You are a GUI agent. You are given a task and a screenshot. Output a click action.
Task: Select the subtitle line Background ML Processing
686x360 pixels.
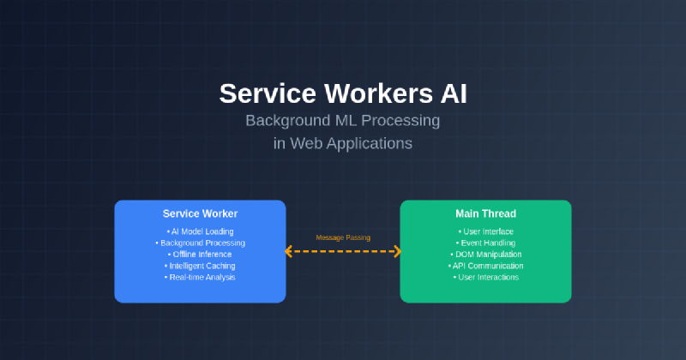coord(342,121)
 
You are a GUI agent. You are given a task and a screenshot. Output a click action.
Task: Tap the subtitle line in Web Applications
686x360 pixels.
coord(342,143)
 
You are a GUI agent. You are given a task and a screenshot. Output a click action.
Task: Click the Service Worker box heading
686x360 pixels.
coord(200,213)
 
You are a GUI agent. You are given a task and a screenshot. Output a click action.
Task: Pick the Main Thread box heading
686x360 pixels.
coord(485,213)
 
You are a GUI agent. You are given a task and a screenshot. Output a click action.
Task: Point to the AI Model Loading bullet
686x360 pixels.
coord(200,231)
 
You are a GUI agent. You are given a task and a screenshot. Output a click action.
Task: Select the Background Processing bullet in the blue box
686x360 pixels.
coord(200,243)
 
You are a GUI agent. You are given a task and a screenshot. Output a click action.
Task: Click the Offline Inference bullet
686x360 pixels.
coord(200,255)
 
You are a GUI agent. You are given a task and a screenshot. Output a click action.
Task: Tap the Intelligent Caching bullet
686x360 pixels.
coord(200,266)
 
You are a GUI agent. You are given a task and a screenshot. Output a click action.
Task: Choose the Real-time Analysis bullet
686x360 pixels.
coord(200,277)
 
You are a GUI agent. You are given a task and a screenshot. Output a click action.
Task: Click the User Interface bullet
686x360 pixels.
coord(485,231)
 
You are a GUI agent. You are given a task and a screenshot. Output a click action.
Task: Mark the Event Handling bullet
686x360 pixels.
coord(485,243)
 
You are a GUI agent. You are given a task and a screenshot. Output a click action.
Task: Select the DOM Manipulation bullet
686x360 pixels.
coord(485,255)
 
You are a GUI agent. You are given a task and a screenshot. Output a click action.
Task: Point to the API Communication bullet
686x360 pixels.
coord(485,266)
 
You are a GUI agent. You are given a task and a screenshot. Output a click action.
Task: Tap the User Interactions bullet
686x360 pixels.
coord(485,277)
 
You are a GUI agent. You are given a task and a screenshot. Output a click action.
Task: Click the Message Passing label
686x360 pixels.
coord(343,237)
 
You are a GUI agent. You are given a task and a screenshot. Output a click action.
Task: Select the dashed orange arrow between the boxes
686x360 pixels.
coord(343,251)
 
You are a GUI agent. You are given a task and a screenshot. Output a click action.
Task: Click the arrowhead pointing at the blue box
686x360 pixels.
coord(289,251)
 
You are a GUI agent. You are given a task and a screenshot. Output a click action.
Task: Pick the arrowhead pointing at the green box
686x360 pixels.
coord(397,251)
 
